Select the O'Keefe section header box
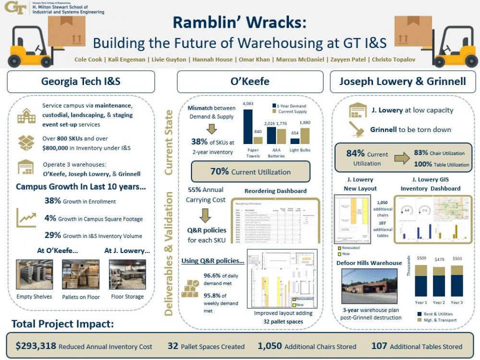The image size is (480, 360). (250, 82)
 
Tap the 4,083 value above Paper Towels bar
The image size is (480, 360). (248, 104)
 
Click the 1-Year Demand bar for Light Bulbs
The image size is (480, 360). (295, 141)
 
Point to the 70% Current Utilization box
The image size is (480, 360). (250, 172)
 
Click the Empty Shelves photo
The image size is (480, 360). (35, 275)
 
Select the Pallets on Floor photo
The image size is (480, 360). (81, 275)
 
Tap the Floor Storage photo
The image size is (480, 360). (127, 275)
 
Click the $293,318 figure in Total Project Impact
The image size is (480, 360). (36, 346)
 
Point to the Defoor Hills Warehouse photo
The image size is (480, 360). (369, 286)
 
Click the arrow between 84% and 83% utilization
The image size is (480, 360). (401, 158)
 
